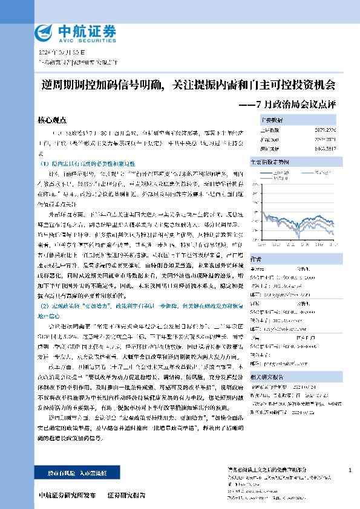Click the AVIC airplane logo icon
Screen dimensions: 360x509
(44, 31)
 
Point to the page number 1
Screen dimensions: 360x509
(350, 470)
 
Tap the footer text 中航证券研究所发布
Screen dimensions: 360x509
(67, 495)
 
